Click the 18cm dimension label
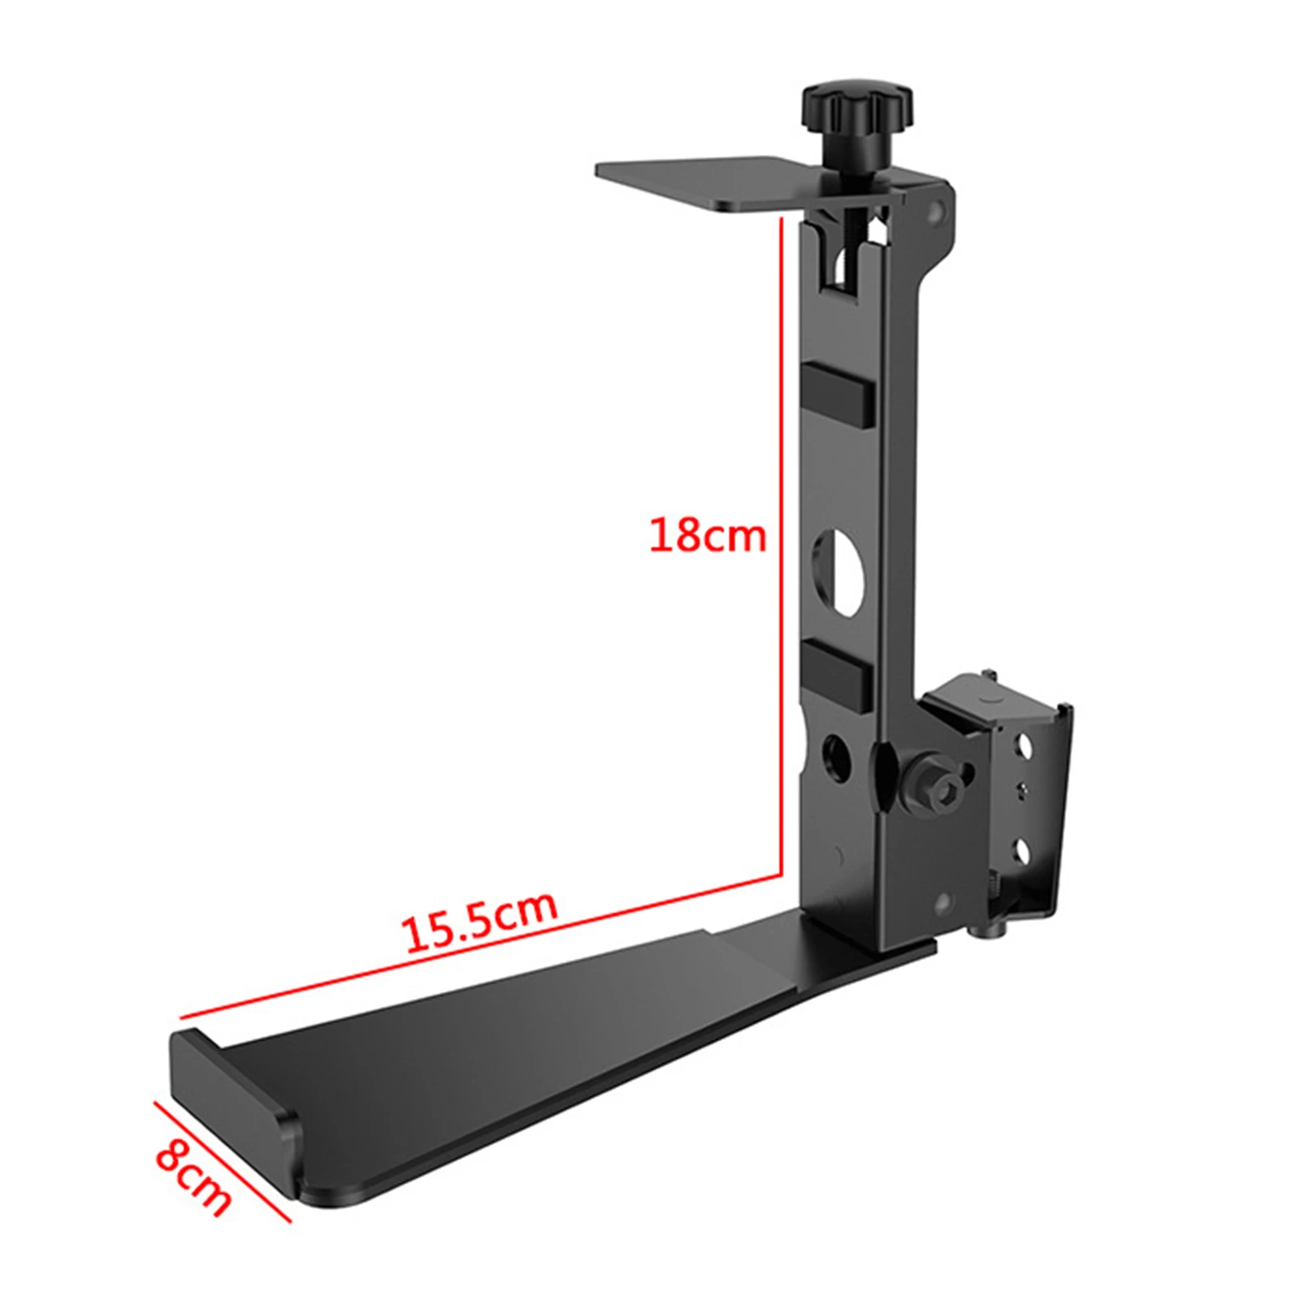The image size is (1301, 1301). point(707,536)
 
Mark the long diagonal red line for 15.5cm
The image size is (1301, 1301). point(480,946)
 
